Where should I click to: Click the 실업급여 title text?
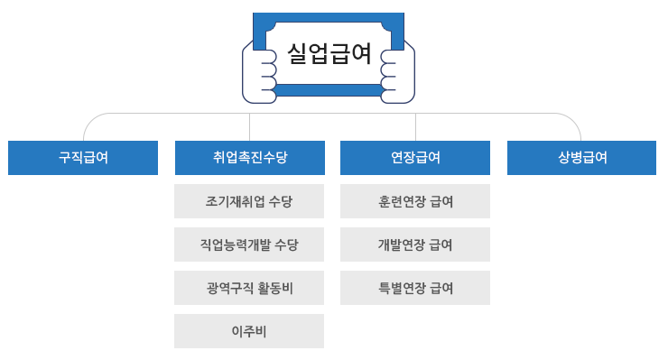(x=329, y=53)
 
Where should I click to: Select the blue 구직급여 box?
(x=83, y=157)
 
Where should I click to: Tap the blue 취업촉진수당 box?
(x=249, y=157)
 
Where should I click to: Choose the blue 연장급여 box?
(x=415, y=157)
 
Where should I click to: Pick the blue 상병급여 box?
(x=581, y=157)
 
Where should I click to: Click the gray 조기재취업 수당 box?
(x=249, y=201)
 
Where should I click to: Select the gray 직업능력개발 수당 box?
(x=249, y=245)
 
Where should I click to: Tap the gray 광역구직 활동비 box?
(x=249, y=288)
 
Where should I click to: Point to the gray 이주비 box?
(x=249, y=331)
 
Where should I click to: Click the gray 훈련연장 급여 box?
(x=415, y=201)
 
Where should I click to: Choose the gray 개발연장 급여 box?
(x=415, y=245)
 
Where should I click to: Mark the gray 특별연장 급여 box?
(x=415, y=288)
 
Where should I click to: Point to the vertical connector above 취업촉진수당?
(x=249, y=126)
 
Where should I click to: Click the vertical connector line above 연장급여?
(x=415, y=126)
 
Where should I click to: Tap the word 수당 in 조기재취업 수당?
(x=281, y=201)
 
